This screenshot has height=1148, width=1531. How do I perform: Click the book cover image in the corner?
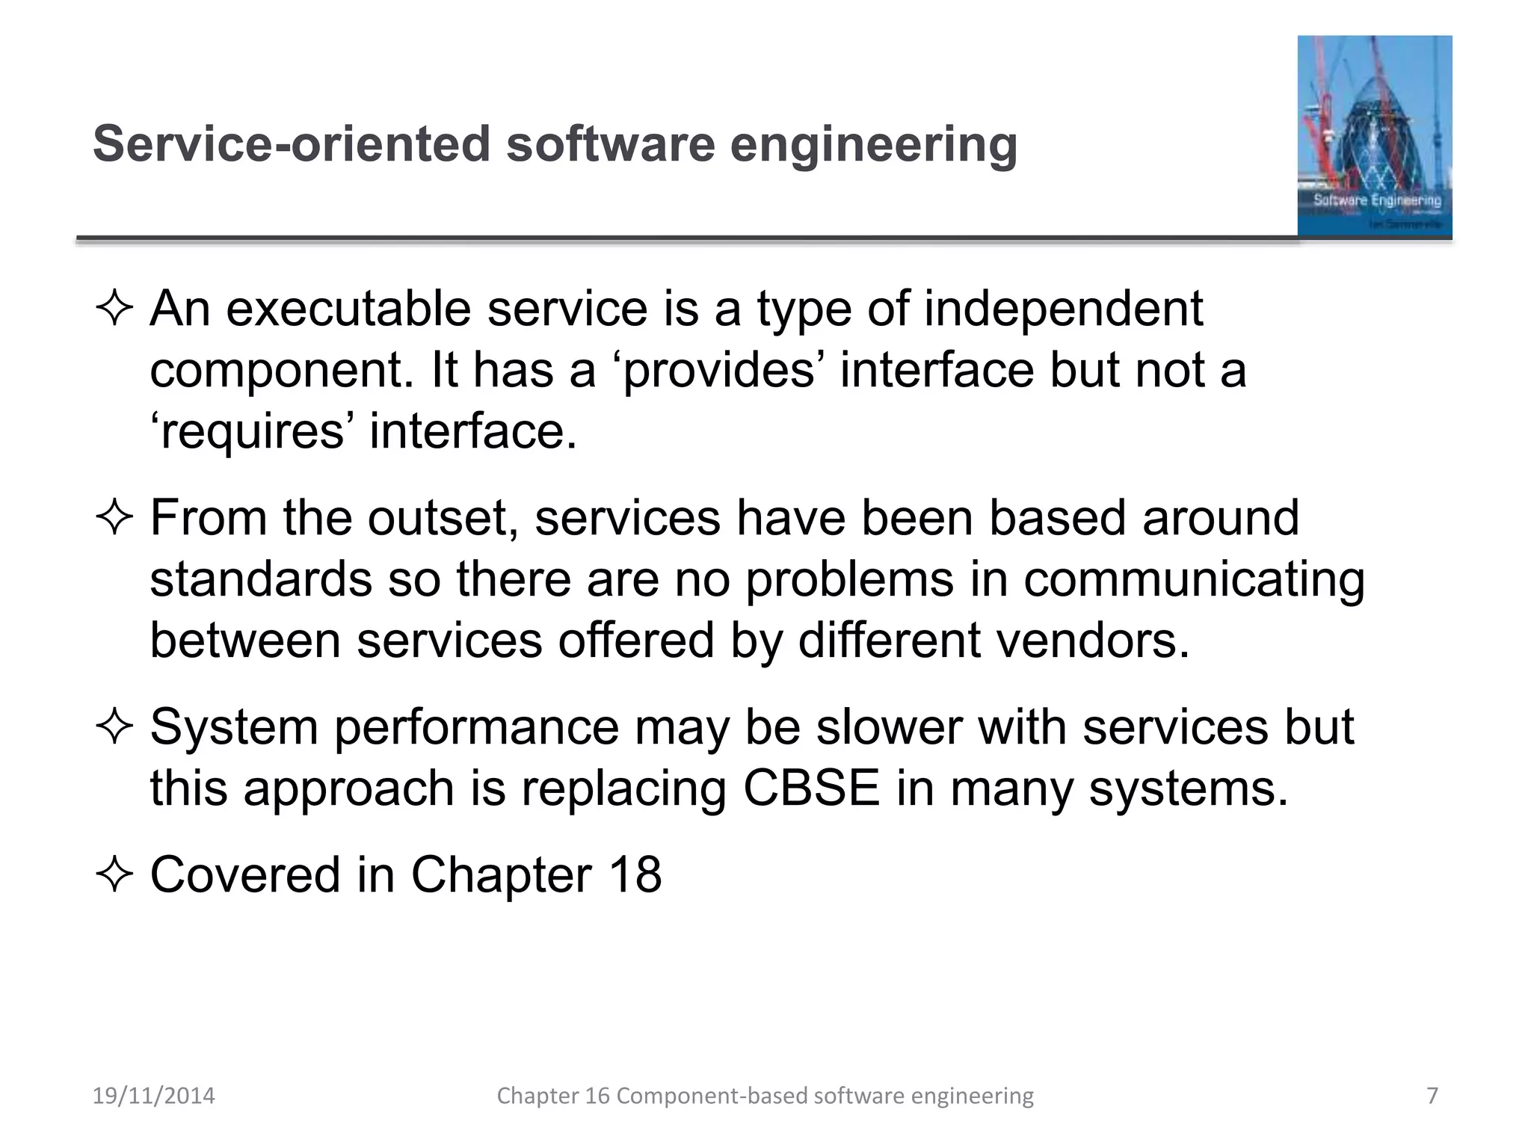(x=1374, y=136)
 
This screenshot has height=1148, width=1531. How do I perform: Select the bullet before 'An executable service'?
(x=114, y=309)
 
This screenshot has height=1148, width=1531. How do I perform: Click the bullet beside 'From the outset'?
(x=114, y=518)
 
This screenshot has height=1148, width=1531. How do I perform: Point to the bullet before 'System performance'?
(x=114, y=727)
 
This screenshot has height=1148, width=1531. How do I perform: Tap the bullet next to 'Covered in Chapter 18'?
(x=114, y=874)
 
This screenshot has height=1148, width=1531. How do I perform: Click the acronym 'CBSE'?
(x=811, y=789)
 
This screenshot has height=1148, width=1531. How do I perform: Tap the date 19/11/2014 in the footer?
(x=153, y=1096)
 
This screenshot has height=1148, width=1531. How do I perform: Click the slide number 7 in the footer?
(x=1432, y=1096)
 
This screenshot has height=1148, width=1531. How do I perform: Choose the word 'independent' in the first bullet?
(x=1063, y=309)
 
